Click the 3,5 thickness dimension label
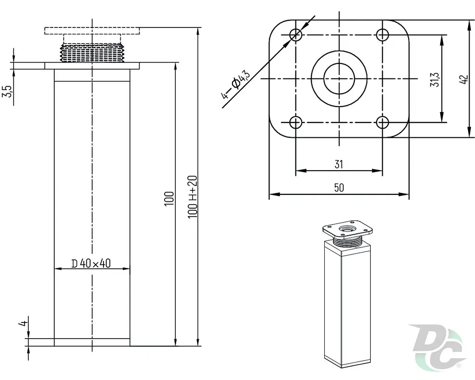point(8,91)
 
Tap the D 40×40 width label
point(91,264)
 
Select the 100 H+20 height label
point(193,196)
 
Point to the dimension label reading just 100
point(169,199)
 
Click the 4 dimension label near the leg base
point(23,323)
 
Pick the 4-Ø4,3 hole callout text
point(235,84)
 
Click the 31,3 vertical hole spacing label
point(435,80)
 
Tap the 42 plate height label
point(464,79)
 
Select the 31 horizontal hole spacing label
point(339,164)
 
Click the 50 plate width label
point(339,187)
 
